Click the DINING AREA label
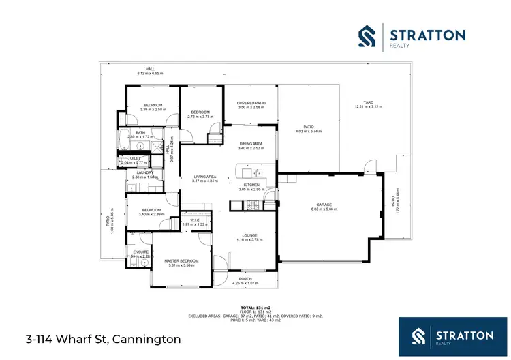pyautogui.click(x=250, y=143)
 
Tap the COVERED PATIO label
pyautogui.click(x=251, y=103)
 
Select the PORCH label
pyautogui.click(x=245, y=278)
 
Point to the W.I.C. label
pyautogui.click(x=193, y=220)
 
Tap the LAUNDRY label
pyautogui.click(x=143, y=172)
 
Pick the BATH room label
pyautogui.click(x=140, y=132)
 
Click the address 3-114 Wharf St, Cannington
pyautogui.click(x=104, y=338)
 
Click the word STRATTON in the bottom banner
pyautogui.click(x=465, y=335)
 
